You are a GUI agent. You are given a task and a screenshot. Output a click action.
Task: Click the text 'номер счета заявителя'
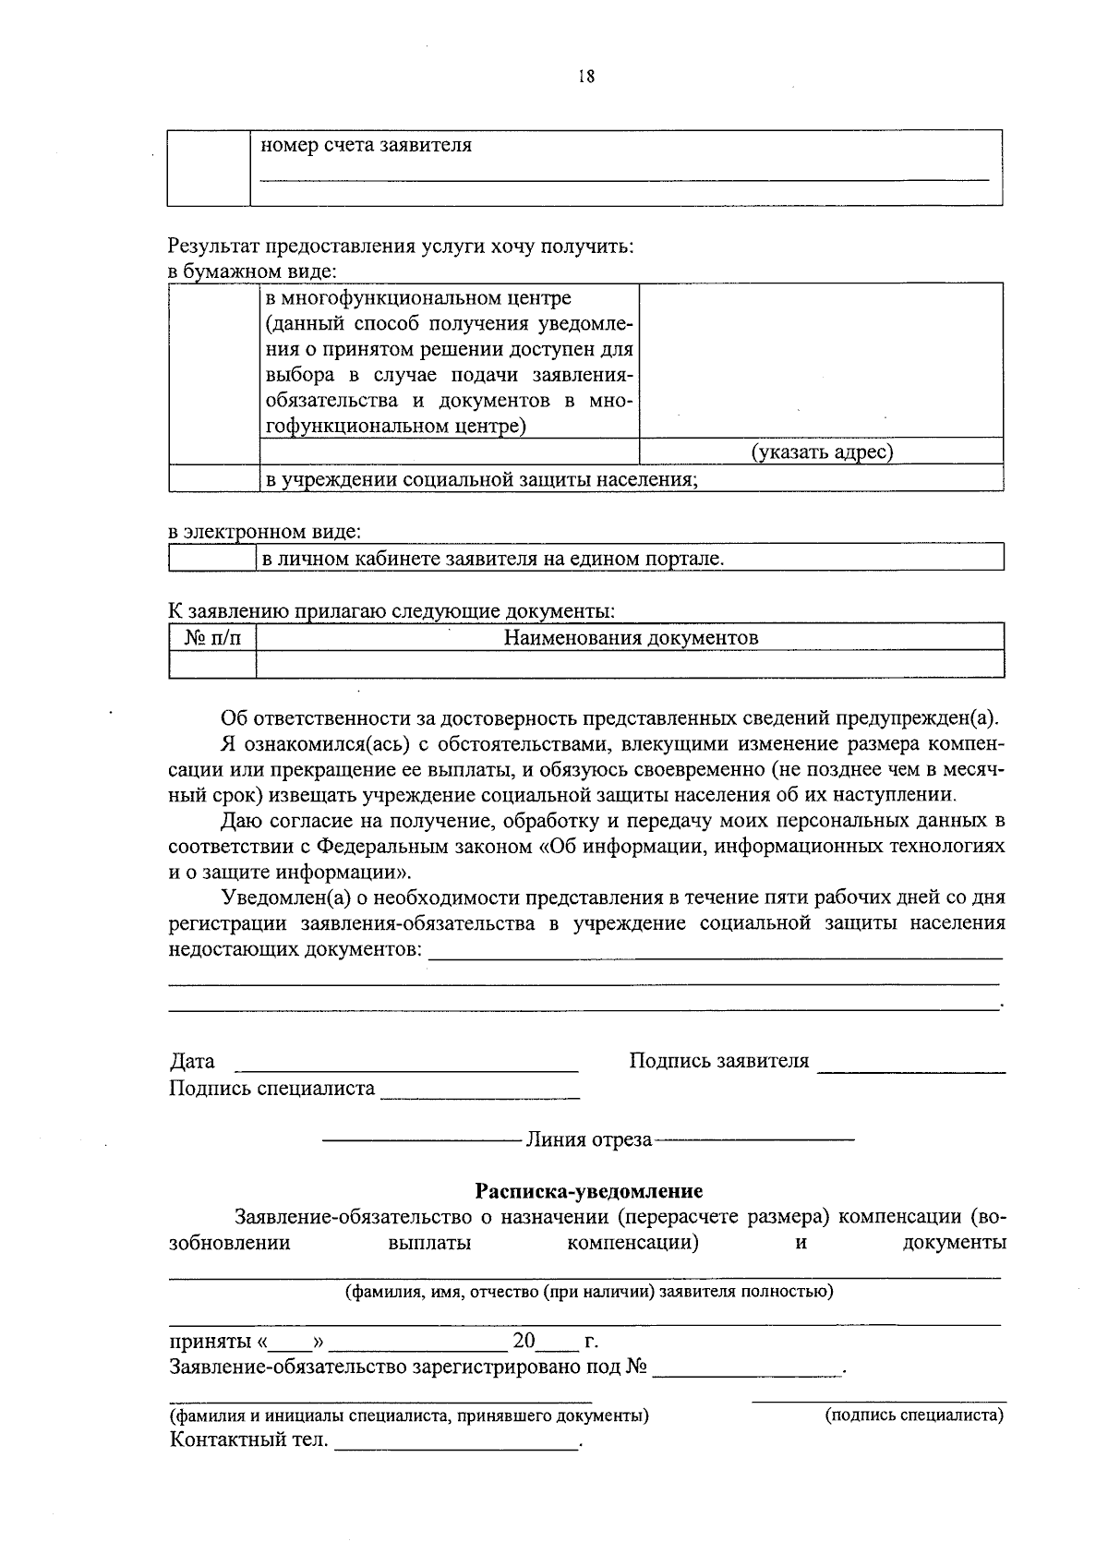(x=366, y=145)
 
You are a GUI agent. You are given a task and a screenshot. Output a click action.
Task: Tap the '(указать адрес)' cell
(x=821, y=452)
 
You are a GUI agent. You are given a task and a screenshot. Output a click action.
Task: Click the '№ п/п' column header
(x=212, y=637)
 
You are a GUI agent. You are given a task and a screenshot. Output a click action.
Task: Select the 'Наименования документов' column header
(x=631, y=637)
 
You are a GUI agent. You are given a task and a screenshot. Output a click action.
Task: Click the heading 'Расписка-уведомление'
(x=588, y=1191)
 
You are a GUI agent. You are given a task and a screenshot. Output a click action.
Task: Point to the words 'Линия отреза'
(x=588, y=1139)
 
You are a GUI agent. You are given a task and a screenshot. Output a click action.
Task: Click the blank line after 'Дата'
(x=406, y=1065)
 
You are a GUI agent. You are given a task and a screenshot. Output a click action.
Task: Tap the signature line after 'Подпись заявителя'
(x=911, y=1066)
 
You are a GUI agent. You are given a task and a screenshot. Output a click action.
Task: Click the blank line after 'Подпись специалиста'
(x=480, y=1092)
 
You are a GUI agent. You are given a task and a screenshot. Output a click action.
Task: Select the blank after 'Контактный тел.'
(x=457, y=1442)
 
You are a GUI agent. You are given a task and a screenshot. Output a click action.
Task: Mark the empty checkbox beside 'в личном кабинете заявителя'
(x=211, y=558)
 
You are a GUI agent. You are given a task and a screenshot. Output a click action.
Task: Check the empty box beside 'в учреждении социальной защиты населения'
(x=213, y=478)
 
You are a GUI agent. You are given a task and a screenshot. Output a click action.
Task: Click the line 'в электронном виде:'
(x=265, y=533)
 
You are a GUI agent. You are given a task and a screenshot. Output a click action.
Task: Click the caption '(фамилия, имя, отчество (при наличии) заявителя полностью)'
(x=588, y=1292)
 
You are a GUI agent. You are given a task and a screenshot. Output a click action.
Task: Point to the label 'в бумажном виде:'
(x=252, y=272)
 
